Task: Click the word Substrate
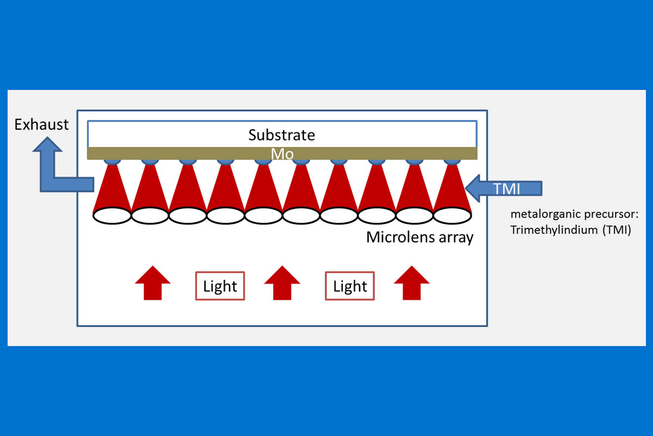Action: pyautogui.click(x=281, y=135)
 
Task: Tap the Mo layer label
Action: pyautogui.click(x=282, y=154)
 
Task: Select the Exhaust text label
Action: pyautogui.click(x=42, y=125)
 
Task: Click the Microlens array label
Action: pyautogui.click(x=420, y=238)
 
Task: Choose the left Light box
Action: pyautogui.click(x=220, y=286)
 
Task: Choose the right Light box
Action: pyautogui.click(x=350, y=286)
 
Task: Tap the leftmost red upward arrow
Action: pyautogui.click(x=152, y=282)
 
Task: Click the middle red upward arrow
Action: pyautogui.click(x=282, y=282)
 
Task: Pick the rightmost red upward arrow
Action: pyautogui.click(x=411, y=282)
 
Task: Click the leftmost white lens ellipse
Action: pyautogui.click(x=112, y=215)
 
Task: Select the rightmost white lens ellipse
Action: pyautogui.click(x=452, y=215)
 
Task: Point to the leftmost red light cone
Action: pyautogui.click(x=112, y=188)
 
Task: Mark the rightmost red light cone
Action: pyautogui.click(x=452, y=188)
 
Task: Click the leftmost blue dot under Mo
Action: pyautogui.click(x=112, y=161)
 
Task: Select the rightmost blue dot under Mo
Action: pyautogui.click(x=452, y=161)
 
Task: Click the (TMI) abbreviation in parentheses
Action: pyautogui.click(x=617, y=230)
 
